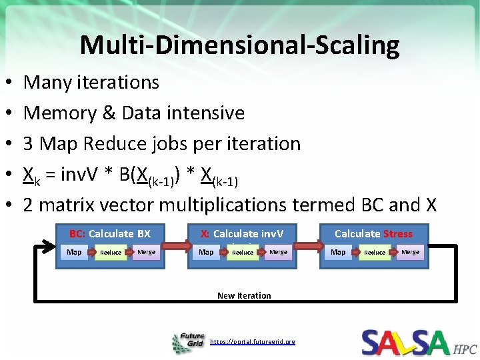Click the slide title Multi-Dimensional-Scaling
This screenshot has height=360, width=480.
pos(239,45)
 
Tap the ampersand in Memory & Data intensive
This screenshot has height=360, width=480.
pos(109,113)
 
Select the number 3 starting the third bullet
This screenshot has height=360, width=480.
pos(29,143)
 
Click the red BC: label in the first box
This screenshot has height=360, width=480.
pos(77,233)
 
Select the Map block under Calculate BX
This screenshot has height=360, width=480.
pos(75,252)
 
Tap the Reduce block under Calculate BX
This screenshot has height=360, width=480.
pos(111,253)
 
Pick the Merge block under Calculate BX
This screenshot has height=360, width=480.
pos(146,252)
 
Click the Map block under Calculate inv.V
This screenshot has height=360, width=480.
pos(207,252)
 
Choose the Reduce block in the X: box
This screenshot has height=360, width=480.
pos(243,253)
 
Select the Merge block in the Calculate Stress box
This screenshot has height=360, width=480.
pos(410,252)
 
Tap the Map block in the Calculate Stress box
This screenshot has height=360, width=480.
pos(339,252)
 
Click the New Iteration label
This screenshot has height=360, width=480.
pos(244,295)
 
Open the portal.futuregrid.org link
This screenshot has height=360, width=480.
pos(252,341)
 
